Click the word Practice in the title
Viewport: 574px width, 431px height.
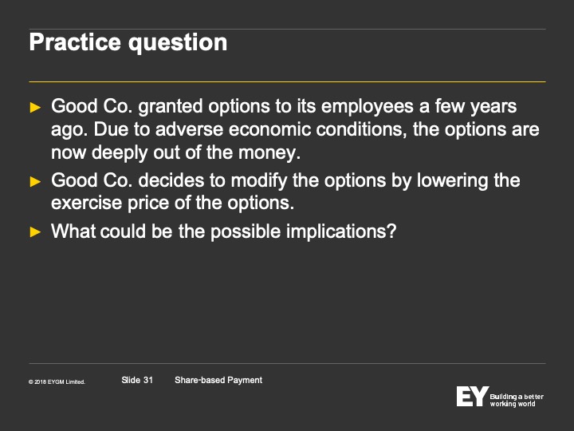[x=75, y=42]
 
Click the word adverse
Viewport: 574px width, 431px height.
[x=189, y=129]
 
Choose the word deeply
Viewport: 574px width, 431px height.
[x=120, y=153]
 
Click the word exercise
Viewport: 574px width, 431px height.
[x=86, y=203]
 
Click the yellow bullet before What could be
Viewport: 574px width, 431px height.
[x=35, y=232]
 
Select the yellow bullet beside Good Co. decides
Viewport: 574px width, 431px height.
[x=35, y=181]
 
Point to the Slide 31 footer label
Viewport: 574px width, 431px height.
[x=137, y=380]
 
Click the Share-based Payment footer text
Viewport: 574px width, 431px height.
[x=218, y=381]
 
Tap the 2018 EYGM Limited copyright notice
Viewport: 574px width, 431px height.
[x=57, y=382]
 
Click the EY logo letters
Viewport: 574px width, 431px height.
[x=472, y=396]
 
